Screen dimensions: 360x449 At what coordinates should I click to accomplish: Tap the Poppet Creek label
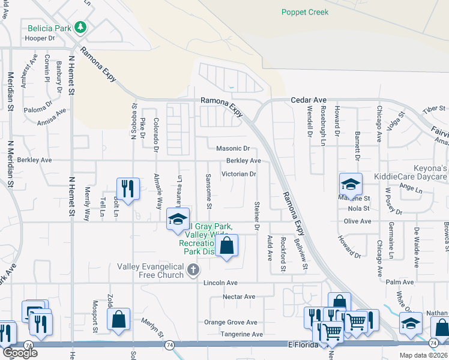pyautogui.click(x=306, y=12)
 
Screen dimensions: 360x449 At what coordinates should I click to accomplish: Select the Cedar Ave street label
pyautogui.click(x=308, y=100)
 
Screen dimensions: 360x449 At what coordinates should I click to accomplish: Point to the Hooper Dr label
pyautogui.click(x=40, y=38)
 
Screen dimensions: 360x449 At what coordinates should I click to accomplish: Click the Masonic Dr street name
pyautogui.click(x=232, y=148)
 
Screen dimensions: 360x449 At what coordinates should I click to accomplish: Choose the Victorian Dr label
pyautogui.click(x=239, y=175)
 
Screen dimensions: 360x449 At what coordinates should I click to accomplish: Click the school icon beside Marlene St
pyautogui.click(x=351, y=184)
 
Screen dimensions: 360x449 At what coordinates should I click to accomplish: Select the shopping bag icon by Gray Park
pyautogui.click(x=226, y=245)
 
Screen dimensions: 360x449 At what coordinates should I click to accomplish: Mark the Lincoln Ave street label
pyautogui.click(x=220, y=283)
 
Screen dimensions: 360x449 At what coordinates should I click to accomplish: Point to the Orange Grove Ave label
pyautogui.click(x=231, y=322)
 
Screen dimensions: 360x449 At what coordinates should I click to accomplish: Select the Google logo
pyautogui.click(x=20, y=353)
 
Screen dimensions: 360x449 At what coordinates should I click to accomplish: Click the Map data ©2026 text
pyautogui.click(x=423, y=355)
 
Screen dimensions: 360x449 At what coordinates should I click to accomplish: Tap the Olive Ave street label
pyautogui.click(x=357, y=221)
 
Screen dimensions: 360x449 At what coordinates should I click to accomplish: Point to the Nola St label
pyautogui.click(x=358, y=209)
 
